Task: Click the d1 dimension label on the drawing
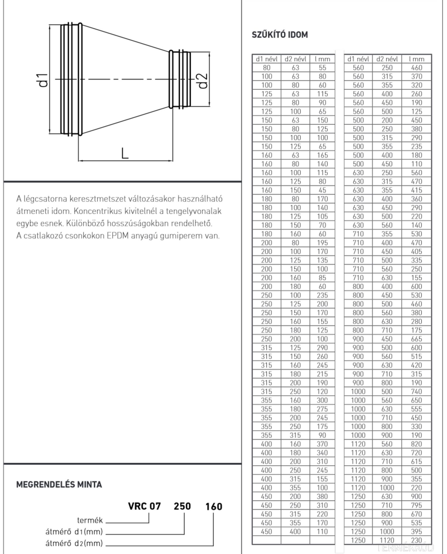tap(43, 80)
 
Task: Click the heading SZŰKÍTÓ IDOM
tap(280, 35)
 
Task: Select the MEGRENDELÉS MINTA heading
tap(59, 484)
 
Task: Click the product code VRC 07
tap(144, 506)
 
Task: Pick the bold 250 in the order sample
tap(182, 506)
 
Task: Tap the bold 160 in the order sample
tap(214, 506)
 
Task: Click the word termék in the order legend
tap(90, 521)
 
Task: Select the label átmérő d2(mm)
tap(74, 543)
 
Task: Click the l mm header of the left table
tap(322, 59)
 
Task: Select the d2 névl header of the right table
tap(387, 59)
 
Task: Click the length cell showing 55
tap(322, 68)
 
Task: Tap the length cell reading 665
tap(416, 339)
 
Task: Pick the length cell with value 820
tap(416, 444)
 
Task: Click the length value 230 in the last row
tap(416, 540)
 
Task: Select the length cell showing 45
tap(322, 190)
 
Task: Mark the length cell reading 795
tap(416, 505)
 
